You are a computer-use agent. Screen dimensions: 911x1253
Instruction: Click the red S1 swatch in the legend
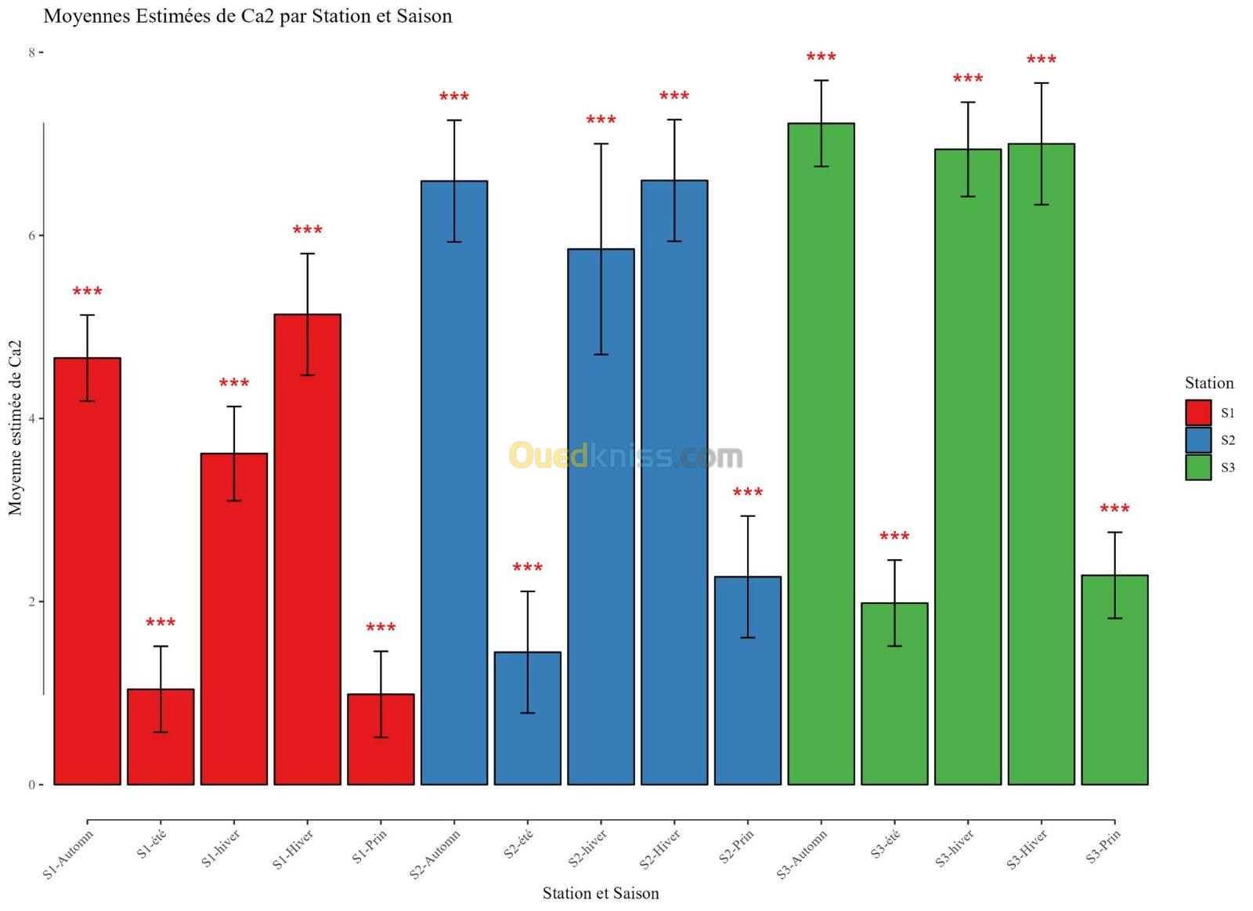click(x=1198, y=413)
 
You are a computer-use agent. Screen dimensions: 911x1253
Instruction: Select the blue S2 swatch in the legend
click(x=1198, y=440)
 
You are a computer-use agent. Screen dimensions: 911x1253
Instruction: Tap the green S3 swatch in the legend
click(x=1198, y=468)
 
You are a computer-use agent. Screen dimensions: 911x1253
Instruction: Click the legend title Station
click(x=1208, y=383)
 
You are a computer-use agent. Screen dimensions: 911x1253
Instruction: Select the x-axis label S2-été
click(x=518, y=845)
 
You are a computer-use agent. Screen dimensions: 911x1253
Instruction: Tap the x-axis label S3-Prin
click(x=1103, y=847)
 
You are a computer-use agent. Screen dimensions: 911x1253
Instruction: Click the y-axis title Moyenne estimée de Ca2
click(x=16, y=427)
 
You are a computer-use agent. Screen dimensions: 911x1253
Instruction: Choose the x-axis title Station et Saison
click(x=601, y=893)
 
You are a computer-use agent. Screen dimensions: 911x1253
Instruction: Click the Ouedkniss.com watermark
click(x=626, y=455)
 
